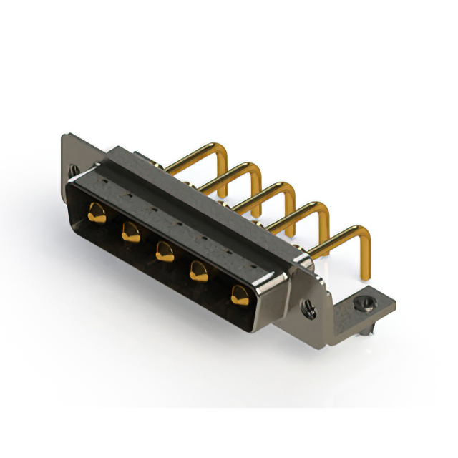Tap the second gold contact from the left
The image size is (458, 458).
130,230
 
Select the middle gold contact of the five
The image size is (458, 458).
164,250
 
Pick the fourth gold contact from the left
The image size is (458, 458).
200,271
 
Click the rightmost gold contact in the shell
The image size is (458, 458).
239,293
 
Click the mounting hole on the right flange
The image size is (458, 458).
310,308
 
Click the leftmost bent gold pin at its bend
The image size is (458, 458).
220,150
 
